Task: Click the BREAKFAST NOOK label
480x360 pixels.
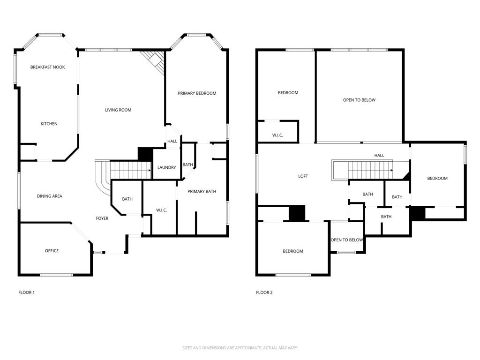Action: (47, 67)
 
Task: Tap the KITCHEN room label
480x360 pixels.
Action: (49, 124)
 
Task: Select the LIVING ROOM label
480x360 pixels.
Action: (118, 110)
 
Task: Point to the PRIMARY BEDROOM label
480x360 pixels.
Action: (197, 93)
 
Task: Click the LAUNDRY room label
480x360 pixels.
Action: (166, 168)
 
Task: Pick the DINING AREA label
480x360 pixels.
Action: (49, 196)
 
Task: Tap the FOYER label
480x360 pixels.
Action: (102, 218)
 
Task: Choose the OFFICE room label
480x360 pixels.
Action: (52, 251)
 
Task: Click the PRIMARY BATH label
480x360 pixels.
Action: (202, 191)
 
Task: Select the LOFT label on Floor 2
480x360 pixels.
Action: (303, 176)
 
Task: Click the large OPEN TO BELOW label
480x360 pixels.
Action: (359, 100)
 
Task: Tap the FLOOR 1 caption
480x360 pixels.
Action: (26, 292)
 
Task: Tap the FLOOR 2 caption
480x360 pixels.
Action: (264, 292)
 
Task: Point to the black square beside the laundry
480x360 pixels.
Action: (145, 154)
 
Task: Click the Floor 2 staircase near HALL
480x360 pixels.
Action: (363, 170)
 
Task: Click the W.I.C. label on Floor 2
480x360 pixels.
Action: (277, 135)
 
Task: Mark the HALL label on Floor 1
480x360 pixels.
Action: (172, 141)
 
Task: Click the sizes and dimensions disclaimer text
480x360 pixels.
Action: (240, 348)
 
